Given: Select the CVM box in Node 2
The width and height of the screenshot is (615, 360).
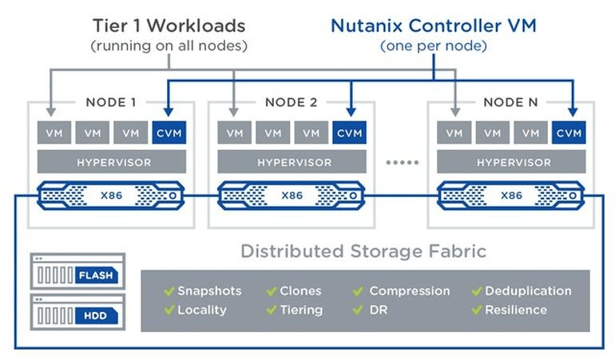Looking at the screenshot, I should [x=349, y=133].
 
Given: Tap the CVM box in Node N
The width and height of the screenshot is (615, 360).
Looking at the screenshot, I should [x=569, y=133].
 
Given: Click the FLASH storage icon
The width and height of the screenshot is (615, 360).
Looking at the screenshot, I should [x=77, y=271].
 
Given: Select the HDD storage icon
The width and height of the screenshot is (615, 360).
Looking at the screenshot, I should [x=77, y=313].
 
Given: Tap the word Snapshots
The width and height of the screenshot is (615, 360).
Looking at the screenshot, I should [x=209, y=291].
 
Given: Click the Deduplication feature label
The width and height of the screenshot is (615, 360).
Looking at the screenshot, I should [x=528, y=291].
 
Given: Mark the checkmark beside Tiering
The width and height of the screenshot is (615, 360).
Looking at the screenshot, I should [x=271, y=310].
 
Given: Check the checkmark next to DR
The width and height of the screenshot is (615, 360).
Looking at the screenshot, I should [x=358, y=310].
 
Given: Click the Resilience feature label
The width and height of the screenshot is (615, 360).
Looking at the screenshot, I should [x=516, y=310].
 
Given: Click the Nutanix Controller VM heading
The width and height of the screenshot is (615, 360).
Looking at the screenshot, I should [x=433, y=26].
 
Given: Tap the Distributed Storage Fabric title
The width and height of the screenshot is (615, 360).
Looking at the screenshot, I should [x=364, y=251].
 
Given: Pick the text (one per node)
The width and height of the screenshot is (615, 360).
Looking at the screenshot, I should [x=434, y=46].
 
